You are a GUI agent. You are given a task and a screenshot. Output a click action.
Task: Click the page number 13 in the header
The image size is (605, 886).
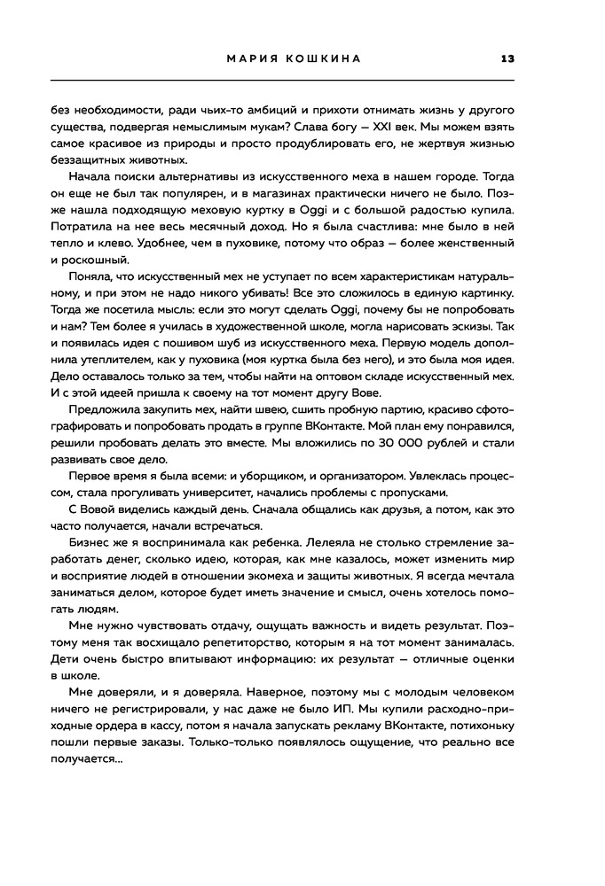pos(508,59)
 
